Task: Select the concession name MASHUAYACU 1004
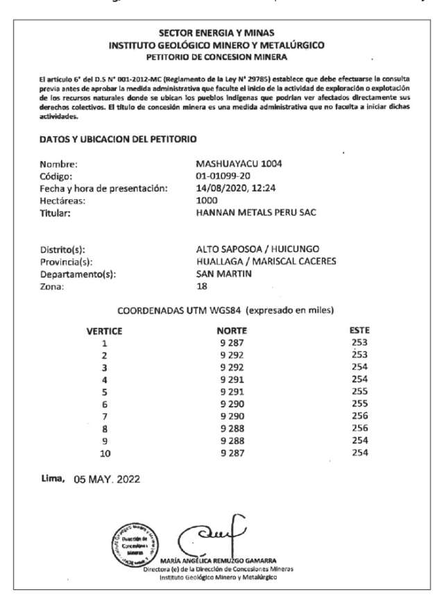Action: pos(240,165)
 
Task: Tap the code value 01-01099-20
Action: pos(223,176)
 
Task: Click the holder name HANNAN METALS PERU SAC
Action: pos(257,212)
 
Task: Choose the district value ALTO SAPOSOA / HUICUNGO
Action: pos(258,249)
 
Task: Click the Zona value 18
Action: pos(203,286)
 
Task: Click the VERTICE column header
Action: pos(104,331)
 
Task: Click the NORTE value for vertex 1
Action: pos(232,343)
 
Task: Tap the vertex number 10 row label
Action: pos(105,453)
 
